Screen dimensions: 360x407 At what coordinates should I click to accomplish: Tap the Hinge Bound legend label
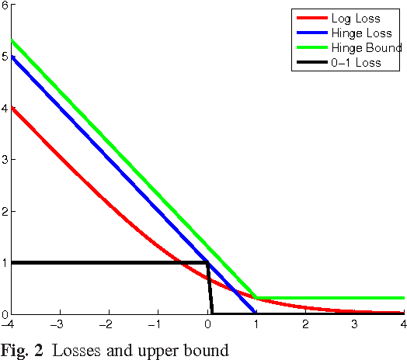[x=359, y=48]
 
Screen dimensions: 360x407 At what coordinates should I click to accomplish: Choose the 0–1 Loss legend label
[x=353, y=62]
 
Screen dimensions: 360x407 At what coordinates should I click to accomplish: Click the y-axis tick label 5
[x=5, y=56]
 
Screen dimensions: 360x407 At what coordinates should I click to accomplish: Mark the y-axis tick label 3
[x=5, y=159]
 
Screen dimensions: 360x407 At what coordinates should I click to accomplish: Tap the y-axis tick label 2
[x=5, y=211]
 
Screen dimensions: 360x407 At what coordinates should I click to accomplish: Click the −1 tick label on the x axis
[x=158, y=324]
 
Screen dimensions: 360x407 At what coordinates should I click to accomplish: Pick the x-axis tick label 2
[x=306, y=324]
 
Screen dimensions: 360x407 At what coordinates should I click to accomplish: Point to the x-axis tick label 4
[x=403, y=324]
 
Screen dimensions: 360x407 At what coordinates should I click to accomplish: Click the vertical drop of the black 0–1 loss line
[x=210, y=289]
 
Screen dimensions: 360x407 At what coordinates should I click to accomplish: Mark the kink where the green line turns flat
[x=256, y=298]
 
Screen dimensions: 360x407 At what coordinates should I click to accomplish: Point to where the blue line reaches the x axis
[x=256, y=313]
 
